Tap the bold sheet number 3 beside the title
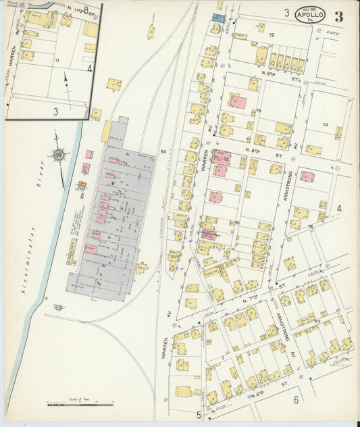(338, 17)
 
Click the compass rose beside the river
(59, 157)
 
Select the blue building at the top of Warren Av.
(219, 17)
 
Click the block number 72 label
(272, 34)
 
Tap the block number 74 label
(325, 126)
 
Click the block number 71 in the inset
(57, 61)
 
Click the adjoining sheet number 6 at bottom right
(296, 400)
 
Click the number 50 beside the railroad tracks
(163, 152)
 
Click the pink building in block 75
(239, 102)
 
